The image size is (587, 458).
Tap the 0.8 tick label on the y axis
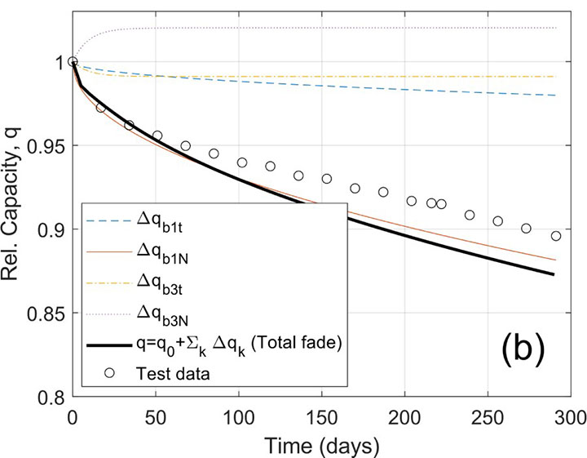(x=53, y=398)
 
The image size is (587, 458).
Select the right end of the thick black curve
(x=554, y=274)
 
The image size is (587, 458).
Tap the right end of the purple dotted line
(x=556, y=28)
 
